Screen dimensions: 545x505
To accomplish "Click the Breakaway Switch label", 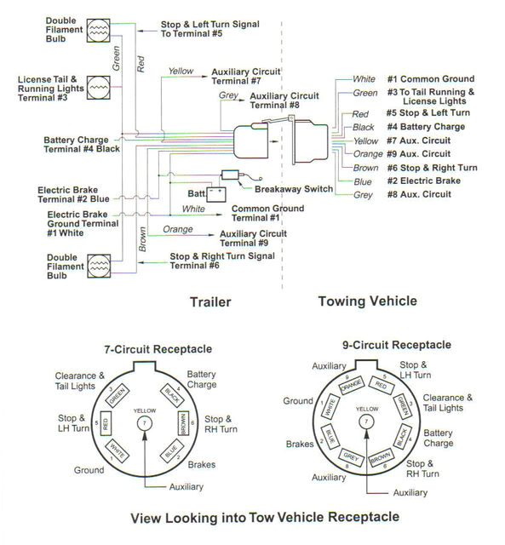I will (x=294, y=188).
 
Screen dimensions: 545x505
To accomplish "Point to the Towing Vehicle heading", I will (x=366, y=301).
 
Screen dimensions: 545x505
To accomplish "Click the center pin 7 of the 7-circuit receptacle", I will (x=146, y=422).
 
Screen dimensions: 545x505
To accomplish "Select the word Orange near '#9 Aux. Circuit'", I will (x=367, y=154).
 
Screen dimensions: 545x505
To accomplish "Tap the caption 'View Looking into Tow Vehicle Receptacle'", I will (x=252, y=517).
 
